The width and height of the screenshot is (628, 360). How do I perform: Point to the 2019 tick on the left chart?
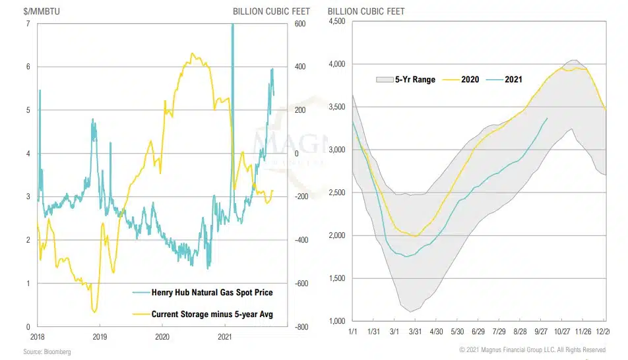pos(100,336)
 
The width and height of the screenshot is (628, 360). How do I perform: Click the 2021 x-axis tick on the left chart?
pos(225,336)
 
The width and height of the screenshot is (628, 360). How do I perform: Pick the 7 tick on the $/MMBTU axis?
pos(27,24)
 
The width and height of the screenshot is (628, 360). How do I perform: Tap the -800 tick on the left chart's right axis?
pos(302,326)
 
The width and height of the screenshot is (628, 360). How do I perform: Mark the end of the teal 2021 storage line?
pos(548,118)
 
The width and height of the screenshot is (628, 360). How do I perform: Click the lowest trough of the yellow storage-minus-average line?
pos(95,312)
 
